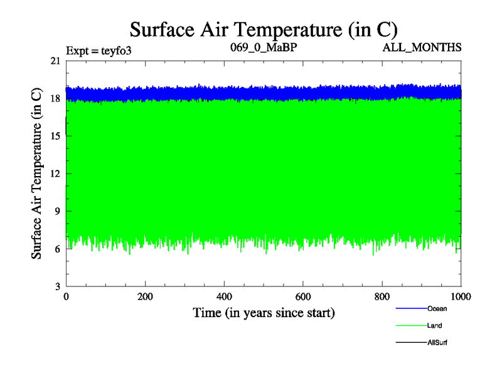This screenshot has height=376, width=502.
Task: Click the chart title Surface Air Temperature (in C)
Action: pos(264,29)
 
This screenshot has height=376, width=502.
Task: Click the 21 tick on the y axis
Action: pos(55,61)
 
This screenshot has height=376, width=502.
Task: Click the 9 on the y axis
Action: pos(58,211)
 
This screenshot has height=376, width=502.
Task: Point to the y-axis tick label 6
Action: pos(58,249)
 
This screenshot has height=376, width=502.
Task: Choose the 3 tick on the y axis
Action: pos(58,286)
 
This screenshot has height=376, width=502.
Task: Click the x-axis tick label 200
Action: pos(146,297)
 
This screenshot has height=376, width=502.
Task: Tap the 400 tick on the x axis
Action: pos(224,297)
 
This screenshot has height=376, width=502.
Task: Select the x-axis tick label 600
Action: pos(303,297)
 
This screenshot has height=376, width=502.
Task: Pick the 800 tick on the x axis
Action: pos(382,297)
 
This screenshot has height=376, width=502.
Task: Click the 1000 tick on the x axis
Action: pos(461,297)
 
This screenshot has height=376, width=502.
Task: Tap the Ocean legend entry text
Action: pos(437,308)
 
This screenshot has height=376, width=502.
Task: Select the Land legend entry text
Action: pos(435,325)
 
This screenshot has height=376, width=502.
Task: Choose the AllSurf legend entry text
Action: pos(437,342)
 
